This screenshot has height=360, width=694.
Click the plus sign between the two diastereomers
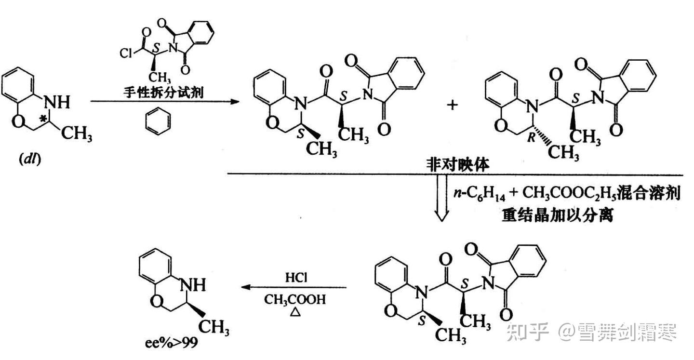453,105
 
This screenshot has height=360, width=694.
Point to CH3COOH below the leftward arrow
294,299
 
